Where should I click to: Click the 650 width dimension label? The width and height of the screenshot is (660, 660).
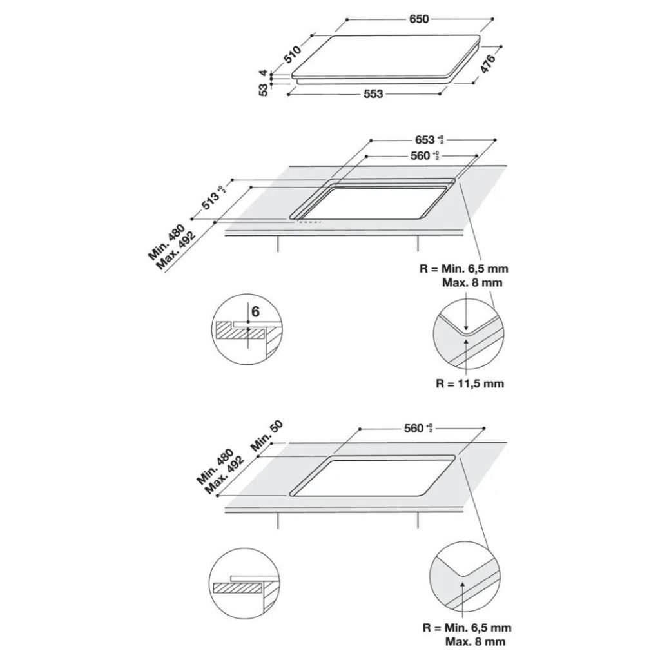(x=418, y=20)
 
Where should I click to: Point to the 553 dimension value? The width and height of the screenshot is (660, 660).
(x=372, y=94)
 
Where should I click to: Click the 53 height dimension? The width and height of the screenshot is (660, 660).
(x=264, y=90)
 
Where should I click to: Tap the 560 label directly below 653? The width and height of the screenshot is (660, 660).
(x=423, y=156)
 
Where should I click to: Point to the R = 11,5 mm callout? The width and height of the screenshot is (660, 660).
(x=469, y=383)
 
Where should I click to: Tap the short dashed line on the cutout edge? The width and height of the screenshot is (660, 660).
(x=308, y=223)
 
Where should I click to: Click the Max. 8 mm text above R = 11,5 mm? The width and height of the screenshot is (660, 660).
(x=472, y=283)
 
